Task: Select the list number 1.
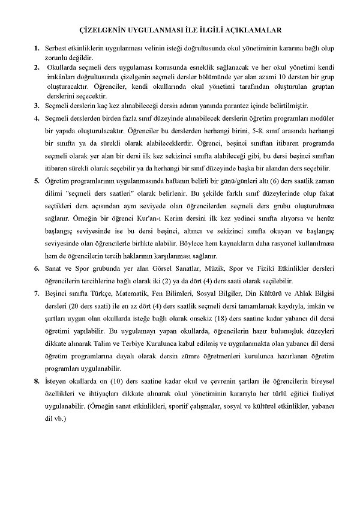(x=37, y=47)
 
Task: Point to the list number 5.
(x=37, y=180)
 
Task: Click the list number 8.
(x=37, y=381)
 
